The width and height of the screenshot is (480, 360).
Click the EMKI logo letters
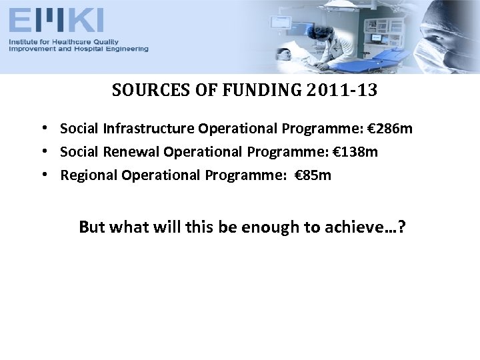56,19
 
